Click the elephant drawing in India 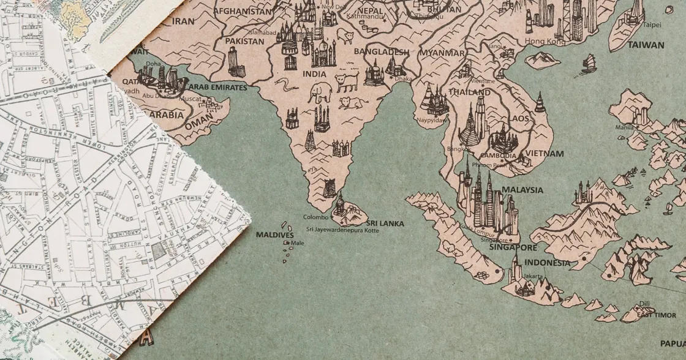320,93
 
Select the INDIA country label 315,74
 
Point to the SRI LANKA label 385,223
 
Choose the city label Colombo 316,217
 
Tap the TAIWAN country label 645,45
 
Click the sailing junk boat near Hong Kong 589,62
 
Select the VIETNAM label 544,154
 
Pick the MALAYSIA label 522,190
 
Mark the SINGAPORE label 516,248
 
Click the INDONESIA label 547,263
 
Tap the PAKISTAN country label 244,41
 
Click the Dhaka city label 403,78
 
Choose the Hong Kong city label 545,41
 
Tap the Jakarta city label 532,276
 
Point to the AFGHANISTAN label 242,11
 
